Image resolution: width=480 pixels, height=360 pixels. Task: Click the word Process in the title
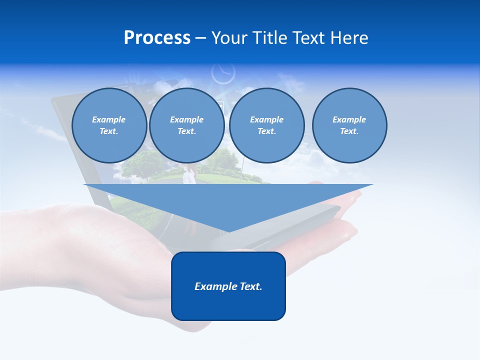(157, 38)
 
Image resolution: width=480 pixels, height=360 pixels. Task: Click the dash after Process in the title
(200, 38)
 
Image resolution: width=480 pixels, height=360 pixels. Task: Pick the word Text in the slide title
(309, 38)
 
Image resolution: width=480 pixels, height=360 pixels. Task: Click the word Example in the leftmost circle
(109, 119)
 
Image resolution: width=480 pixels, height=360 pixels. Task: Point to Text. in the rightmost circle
(349, 131)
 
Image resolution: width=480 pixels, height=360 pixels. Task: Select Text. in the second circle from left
(186, 131)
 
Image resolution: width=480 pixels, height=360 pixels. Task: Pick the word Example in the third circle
(266, 119)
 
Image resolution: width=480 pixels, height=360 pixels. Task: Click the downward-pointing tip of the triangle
(228, 231)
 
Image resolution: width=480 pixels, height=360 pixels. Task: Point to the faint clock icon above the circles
(223, 73)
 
